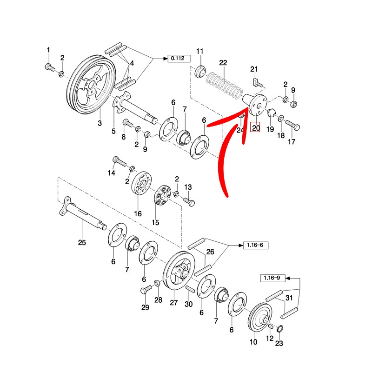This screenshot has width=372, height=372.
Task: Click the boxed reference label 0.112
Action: coord(178,58)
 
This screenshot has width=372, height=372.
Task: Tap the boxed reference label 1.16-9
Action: coord(272,278)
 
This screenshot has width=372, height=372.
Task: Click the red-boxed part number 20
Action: coord(256,127)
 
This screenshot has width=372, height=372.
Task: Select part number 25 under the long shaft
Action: coord(82,242)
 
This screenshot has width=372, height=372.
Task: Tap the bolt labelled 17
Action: coord(292,125)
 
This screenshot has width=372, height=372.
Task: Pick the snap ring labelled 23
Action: coord(280,329)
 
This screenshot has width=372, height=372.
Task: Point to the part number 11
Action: coord(199,51)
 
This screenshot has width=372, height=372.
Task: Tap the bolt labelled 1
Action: coord(48,66)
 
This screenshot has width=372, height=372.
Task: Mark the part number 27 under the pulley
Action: coord(174,303)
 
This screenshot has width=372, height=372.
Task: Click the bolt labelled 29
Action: coord(144,290)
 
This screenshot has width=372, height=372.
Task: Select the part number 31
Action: coord(289,298)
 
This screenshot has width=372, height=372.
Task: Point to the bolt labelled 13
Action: coord(190,201)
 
